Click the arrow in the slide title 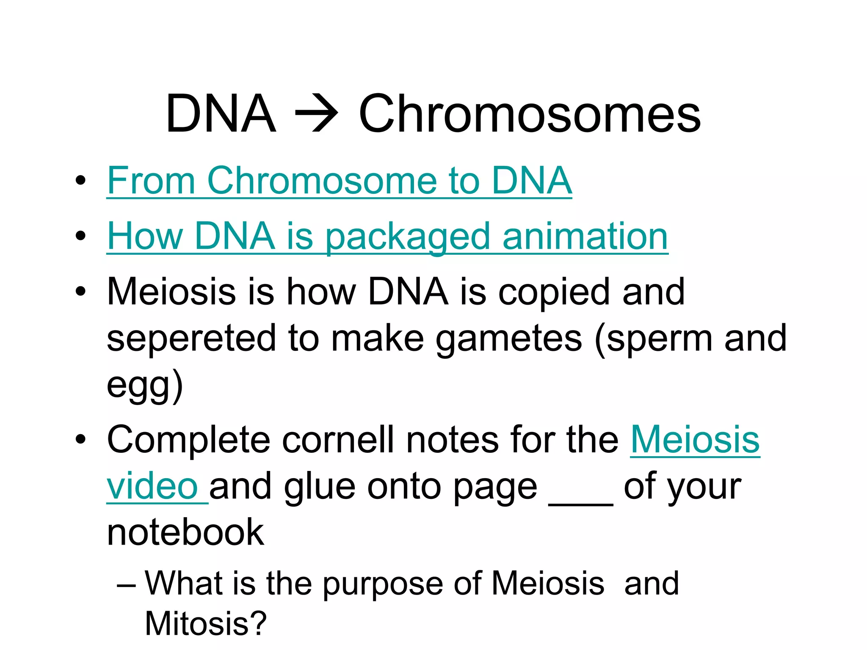point(317,113)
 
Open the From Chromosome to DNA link point(339,181)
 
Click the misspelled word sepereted point(191,338)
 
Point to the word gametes point(509,338)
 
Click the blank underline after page point(581,501)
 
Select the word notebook point(185,532)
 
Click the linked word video point(152,486)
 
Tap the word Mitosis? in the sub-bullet point(206,623)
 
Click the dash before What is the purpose point(126,585)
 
